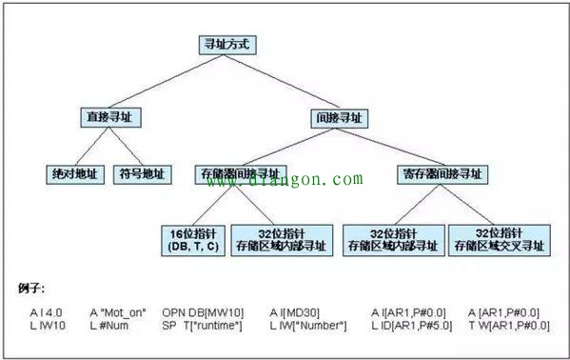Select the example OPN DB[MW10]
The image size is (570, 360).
pyautogui.click(x=197, y=312)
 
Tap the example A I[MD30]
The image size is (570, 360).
pyautogui.click(x=295, y=312)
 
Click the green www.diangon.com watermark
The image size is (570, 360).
pyautogui.click(x=286, y=178)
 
